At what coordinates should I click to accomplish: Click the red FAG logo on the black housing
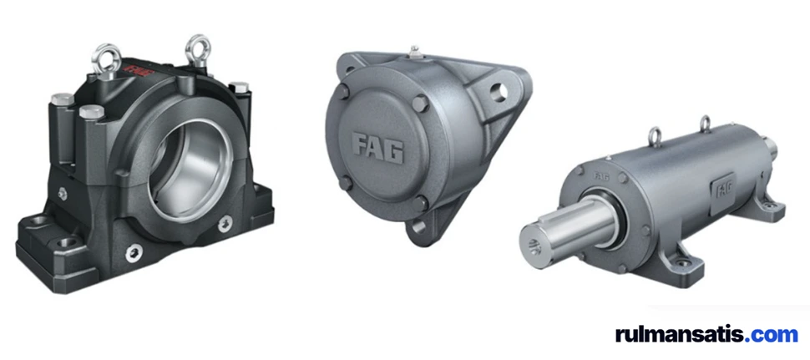tap(138, 68)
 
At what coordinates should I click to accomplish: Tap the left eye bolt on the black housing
tap(106, 59)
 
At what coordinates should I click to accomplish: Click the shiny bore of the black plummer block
tap(190, 164)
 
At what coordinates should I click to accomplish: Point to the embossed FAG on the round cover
tap(377, 147)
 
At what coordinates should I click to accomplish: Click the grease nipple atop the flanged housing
tap(414, 52)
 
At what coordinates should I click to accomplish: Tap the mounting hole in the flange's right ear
tap(499, 92)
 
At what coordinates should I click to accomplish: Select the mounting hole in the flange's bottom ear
tap(418, 226)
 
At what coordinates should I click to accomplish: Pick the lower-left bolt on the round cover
tap(345, 182)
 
